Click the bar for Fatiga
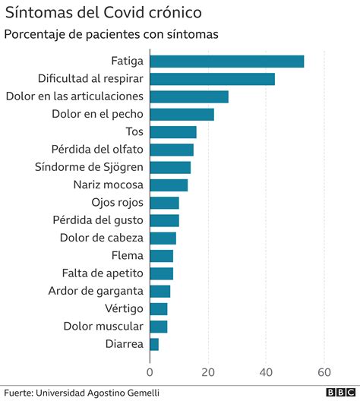click(226, 62)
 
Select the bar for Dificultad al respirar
click(212, 79)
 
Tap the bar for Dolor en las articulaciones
click(189, 96)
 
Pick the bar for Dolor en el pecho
click(182, 114)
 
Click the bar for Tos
click(172, 132)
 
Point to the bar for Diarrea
click(154, 344)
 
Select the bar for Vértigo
click(158, 308)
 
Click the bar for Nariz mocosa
click(169, 185)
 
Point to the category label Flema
click(127, 255)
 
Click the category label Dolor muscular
click(103, 326)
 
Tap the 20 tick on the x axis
click(208, 372)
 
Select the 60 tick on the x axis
click(324, 372)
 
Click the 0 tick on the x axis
click(150, 372)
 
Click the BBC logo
click(340, 392)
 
